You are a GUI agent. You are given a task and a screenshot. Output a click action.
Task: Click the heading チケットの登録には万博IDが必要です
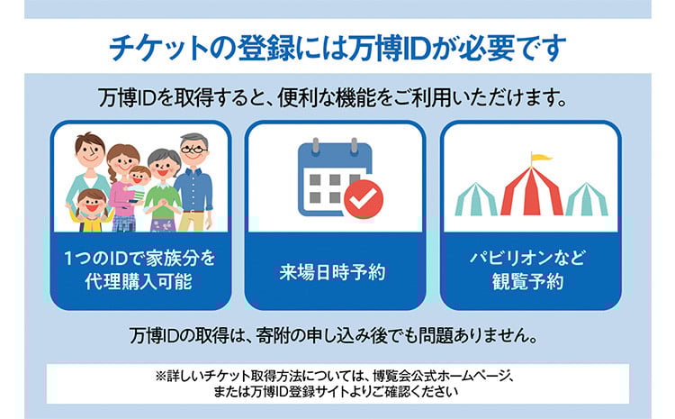pos(337,48)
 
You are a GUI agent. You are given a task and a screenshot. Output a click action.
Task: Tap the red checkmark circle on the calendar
pos(364,199)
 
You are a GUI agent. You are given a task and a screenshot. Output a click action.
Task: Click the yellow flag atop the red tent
pos(541,158)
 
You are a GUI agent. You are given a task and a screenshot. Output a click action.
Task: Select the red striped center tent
pos(532,191)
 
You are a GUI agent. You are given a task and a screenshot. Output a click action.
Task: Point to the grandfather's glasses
pos(193,150)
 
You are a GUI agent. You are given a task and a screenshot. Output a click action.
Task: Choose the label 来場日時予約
pos(332,272)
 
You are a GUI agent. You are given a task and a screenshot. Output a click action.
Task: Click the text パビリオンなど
pos(527,258)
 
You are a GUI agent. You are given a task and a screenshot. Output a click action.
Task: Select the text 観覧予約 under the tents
pos(527,281)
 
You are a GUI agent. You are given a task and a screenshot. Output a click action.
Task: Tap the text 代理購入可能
pos(139,281)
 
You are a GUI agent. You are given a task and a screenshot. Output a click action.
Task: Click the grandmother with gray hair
pos(164,190)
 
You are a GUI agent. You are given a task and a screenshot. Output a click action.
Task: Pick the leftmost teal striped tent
pos(476,199)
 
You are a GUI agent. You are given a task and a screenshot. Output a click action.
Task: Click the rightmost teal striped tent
pos(587,199)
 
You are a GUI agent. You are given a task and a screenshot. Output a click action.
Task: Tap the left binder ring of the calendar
pos(316,145)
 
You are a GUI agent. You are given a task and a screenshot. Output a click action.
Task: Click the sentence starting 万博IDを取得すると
pos(332,98)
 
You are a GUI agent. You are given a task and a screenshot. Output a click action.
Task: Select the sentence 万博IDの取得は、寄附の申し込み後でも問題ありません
pos(334,335)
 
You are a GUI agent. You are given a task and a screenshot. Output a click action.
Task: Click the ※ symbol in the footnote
pos(160,377)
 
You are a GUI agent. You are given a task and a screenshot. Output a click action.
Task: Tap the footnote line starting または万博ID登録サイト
pos(336,392)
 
